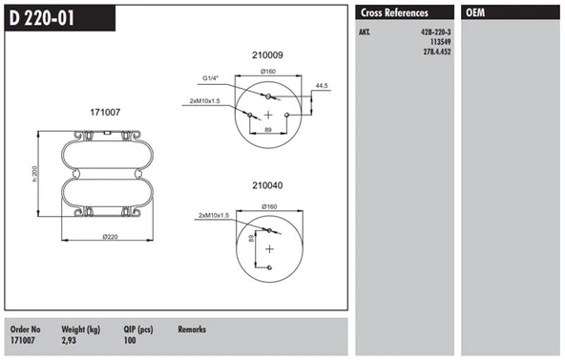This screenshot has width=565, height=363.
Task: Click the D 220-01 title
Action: (42, 18)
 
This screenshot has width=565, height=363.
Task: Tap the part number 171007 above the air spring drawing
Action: (105, 112)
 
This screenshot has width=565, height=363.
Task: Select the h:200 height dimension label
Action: (34, 174)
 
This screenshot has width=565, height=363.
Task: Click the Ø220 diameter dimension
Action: (110, 237)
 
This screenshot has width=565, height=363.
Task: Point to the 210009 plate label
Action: (267, 55)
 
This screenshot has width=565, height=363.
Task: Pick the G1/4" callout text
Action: (210, 78)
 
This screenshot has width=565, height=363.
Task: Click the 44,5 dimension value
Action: (322, 86)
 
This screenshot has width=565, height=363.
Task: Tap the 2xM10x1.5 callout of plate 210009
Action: (204, 101)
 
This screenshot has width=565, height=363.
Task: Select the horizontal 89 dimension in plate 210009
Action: (268, 130)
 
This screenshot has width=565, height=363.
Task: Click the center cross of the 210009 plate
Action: (268, 115)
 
